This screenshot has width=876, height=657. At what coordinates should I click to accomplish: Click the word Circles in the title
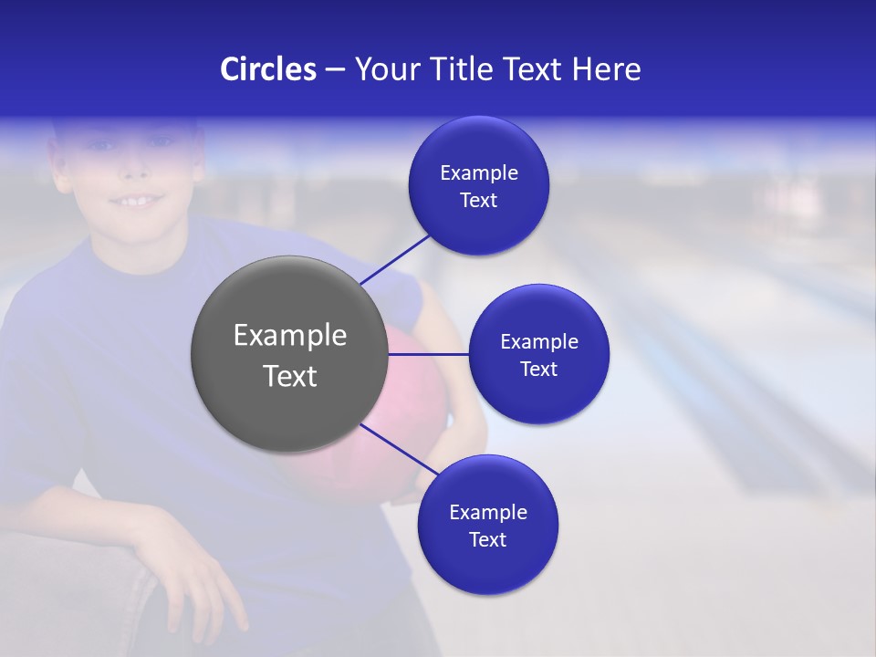click(268, 69)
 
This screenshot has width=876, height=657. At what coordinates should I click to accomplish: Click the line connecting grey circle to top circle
click(394, 258)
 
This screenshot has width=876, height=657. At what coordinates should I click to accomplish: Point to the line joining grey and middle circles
click(428, 354)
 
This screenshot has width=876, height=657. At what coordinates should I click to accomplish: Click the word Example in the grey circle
click(289, 336)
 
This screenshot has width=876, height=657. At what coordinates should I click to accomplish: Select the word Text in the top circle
click(478, 201)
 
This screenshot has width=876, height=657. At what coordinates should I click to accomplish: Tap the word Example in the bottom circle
click(487, 512)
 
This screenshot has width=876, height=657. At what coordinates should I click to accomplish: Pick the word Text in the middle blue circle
click(538, 369)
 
